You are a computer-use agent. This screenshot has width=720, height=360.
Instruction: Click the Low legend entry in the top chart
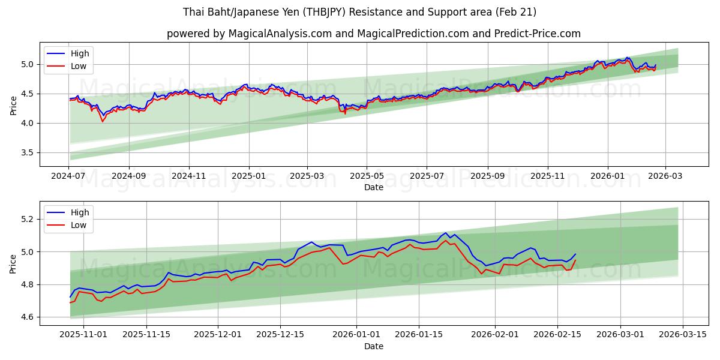tap(79, 66)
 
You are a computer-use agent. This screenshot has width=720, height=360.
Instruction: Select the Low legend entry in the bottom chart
tap(79, 225)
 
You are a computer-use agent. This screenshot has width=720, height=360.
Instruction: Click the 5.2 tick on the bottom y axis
tap(28, 219)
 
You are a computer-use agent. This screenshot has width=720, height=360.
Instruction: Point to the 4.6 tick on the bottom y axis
tap(28, 317)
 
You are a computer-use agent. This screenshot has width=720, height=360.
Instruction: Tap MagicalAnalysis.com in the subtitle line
tap(280, 34)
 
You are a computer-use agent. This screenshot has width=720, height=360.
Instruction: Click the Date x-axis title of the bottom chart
tap(373, 346)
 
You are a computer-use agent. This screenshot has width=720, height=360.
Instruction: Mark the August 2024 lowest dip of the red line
tap(103, 122)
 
